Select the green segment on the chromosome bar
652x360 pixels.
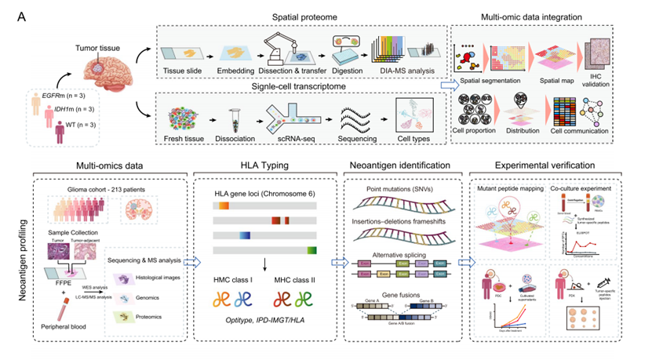coord(311,249)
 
